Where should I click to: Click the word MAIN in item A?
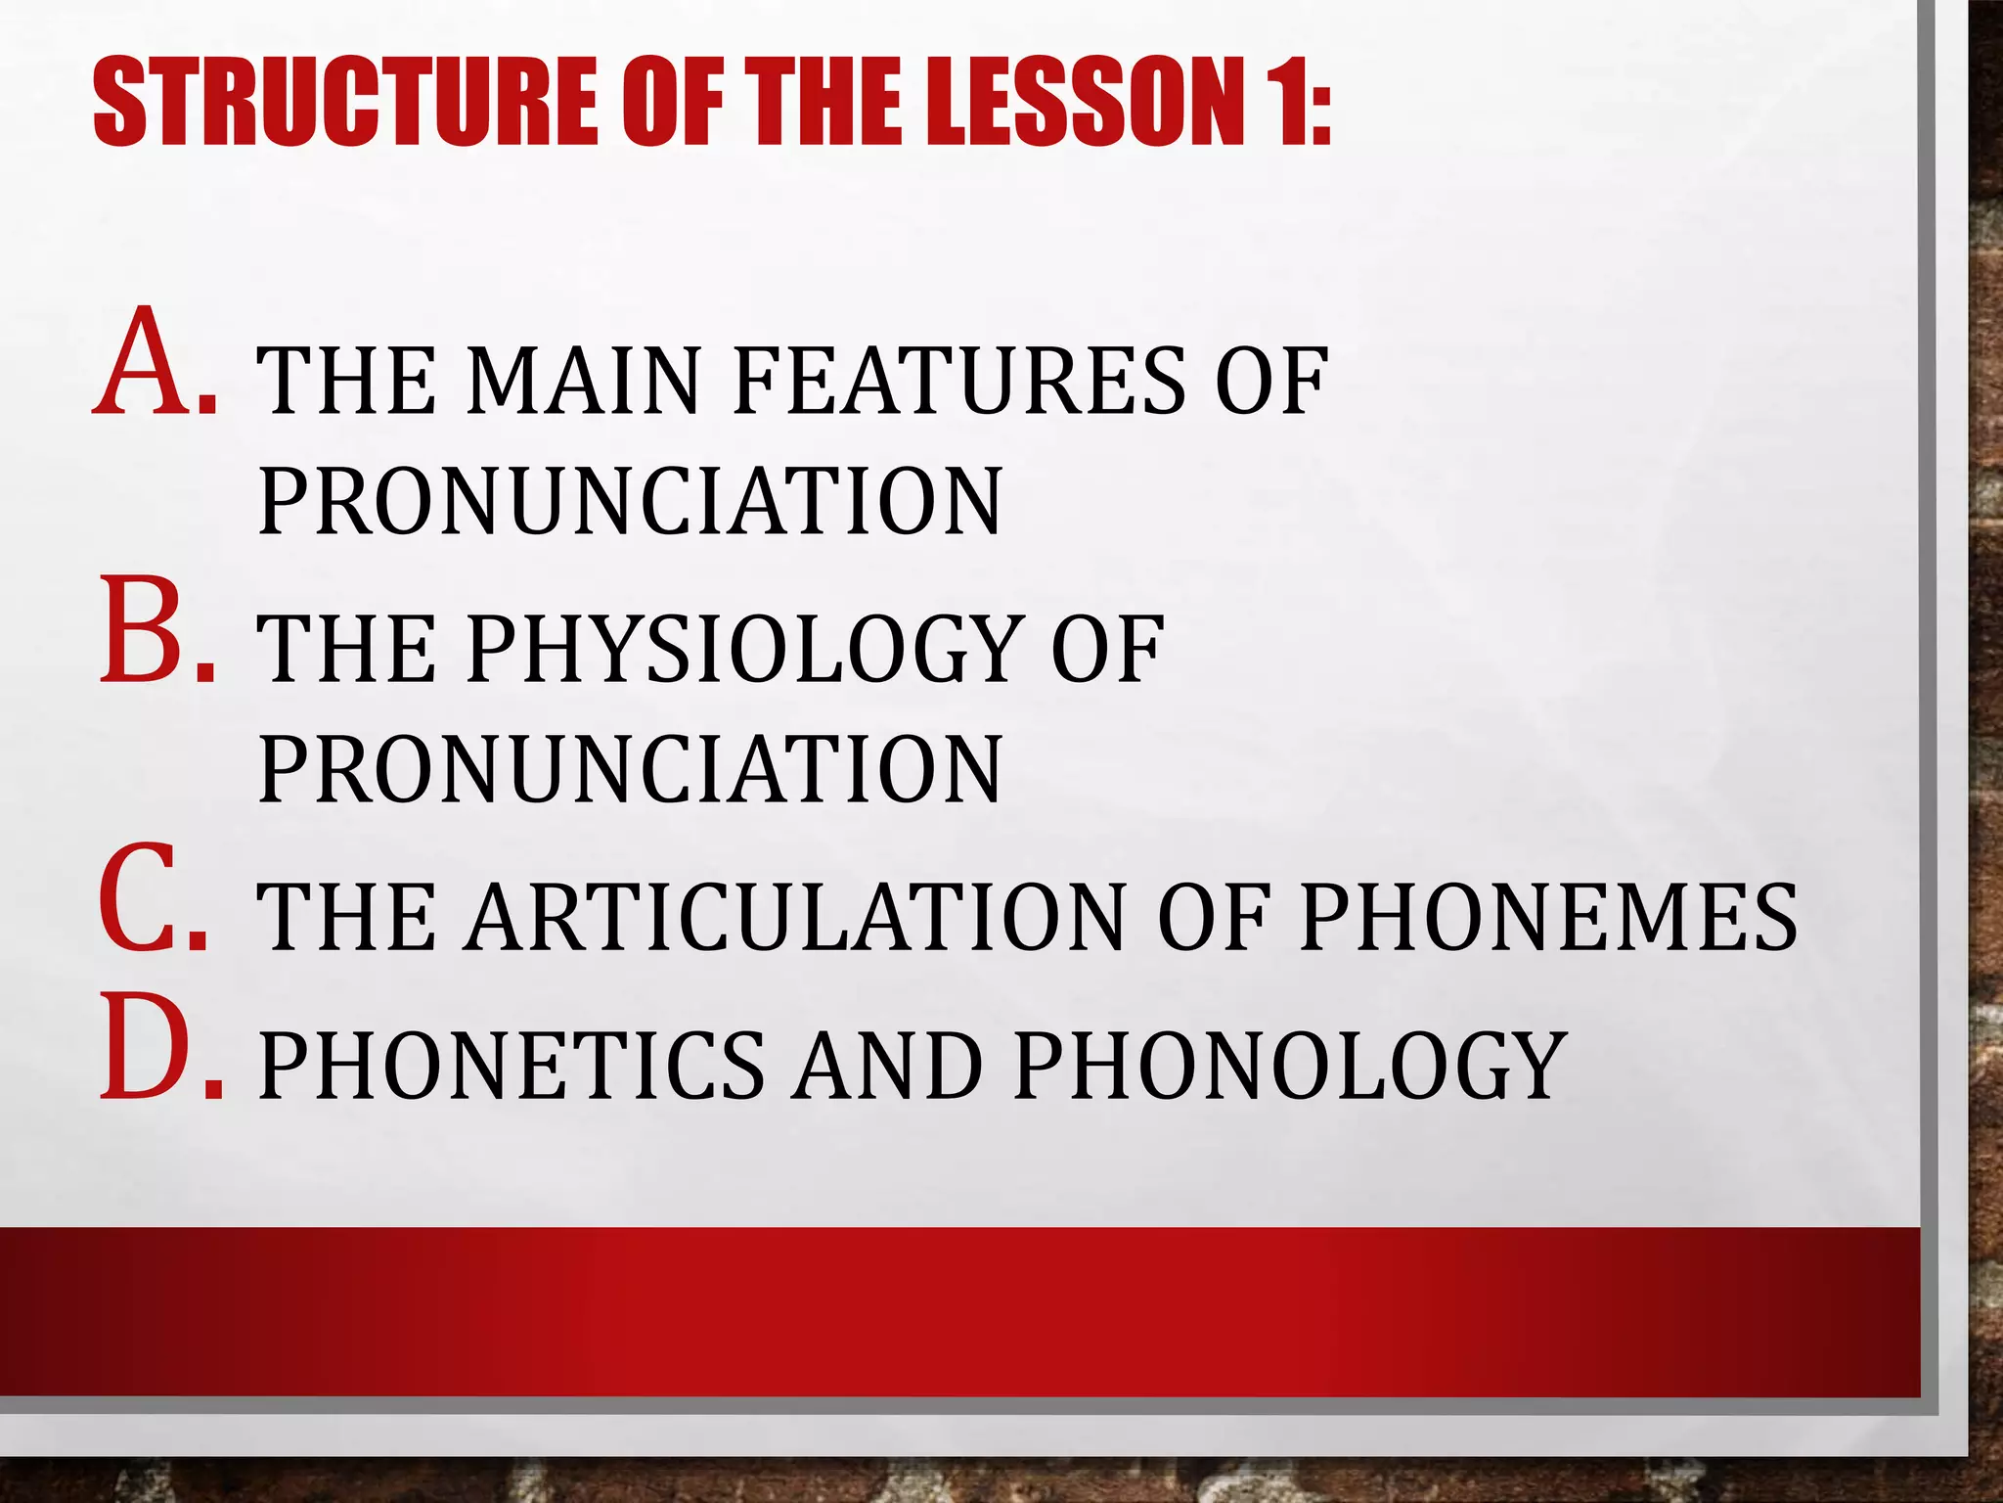(x=584, y=382)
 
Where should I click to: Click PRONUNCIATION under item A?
(x=630, y=502)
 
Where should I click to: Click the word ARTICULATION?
(x=795, y=918)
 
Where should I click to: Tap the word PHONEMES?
(x=1548, y=918)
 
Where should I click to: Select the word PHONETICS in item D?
(x=512, y=1067)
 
